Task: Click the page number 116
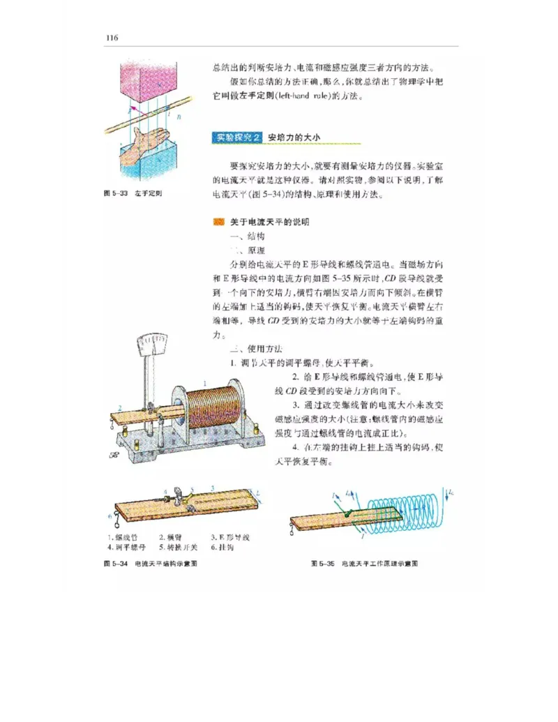112,38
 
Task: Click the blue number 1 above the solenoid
204,383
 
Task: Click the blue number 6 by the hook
110,516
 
